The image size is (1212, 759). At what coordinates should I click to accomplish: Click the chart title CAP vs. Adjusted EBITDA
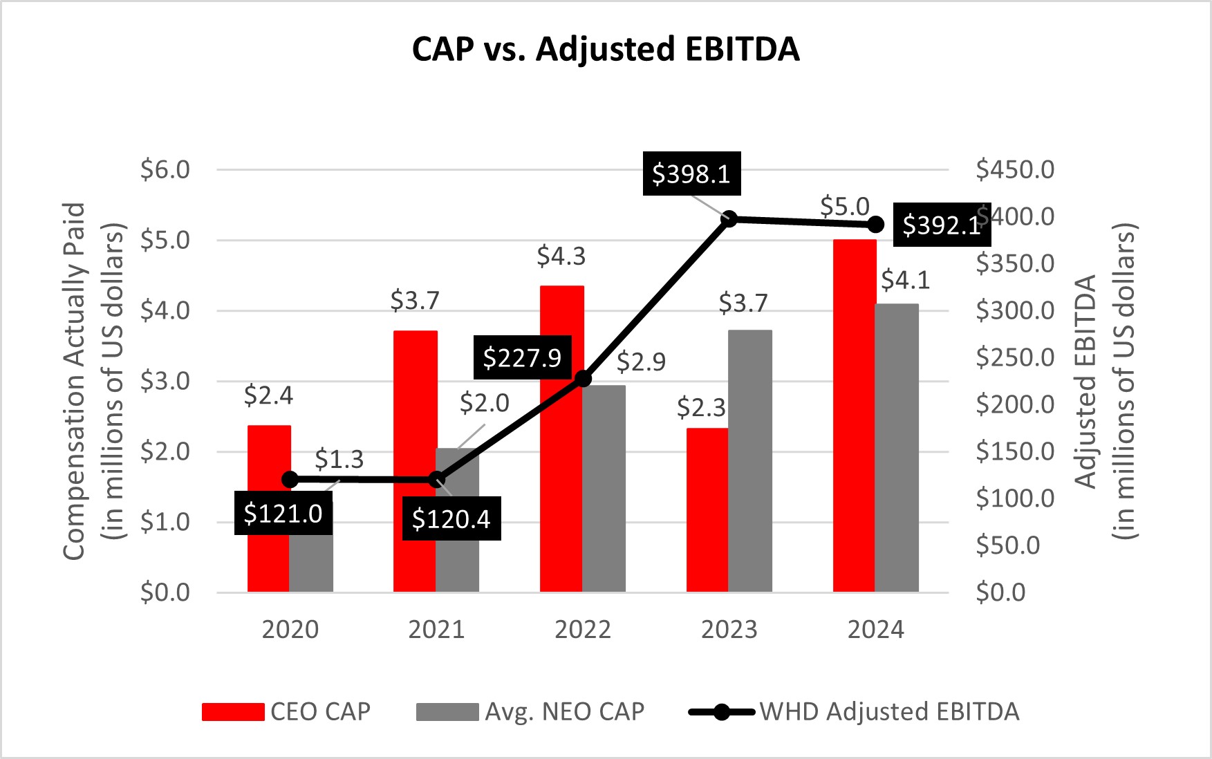click(x=605, y=49)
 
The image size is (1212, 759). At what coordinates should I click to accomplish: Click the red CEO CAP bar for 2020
click(x=269, y=546)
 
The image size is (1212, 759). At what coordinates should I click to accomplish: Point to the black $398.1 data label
click(x=691, y=174)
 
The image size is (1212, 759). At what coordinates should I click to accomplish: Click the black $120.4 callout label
click(x=451, y=519)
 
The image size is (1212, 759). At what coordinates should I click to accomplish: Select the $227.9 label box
click(x=522, y=358)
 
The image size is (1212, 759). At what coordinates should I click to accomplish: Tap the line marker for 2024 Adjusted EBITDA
click(x=875, y=225)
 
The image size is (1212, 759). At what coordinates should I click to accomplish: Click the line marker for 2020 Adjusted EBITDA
click(x=290, y=479)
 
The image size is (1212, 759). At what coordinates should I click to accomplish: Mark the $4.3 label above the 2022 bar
click(x=561, y=257)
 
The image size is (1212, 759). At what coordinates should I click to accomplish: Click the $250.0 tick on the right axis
click(x=1015, y=357)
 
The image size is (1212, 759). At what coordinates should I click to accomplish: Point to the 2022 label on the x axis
click(x=583, y=630)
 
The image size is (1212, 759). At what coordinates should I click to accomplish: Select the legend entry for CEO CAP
click(x=286, y=711)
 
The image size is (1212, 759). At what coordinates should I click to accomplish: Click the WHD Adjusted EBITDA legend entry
click(x=855, y=711)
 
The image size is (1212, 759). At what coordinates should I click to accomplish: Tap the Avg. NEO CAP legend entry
click(x=531, y=711)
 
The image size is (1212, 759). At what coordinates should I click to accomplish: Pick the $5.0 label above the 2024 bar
click(x=844, y=207)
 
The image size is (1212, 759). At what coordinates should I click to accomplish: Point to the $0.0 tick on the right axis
click(x=1000, y=592)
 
